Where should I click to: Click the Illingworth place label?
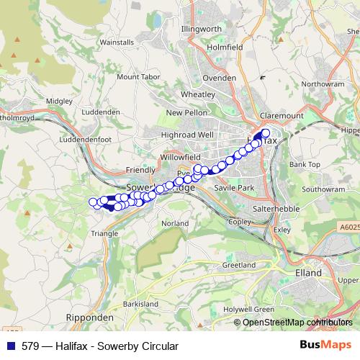click(202, 29)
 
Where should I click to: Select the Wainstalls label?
click(117, 42)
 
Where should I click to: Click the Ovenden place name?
click(220, 77)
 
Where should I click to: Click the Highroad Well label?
click(187, 135)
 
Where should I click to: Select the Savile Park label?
click(235, 187)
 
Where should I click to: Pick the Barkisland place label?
click(140, 305)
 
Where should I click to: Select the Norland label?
click(175, 224)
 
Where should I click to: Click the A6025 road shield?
click(348, 228)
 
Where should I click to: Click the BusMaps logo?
click(326, 346)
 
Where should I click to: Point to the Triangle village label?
click(104, 233)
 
